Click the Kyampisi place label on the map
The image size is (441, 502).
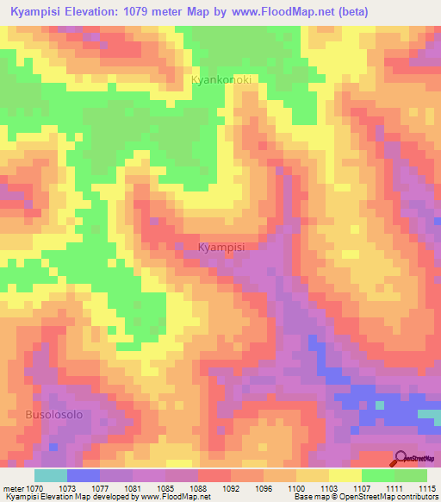click(x=221, y=248)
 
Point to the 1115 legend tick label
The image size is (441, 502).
click(x=426, y=488)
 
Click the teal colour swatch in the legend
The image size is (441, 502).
click(x=51, y=475)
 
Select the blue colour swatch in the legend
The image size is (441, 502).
click(x=84, y=475)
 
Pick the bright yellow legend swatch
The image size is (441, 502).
click(x=345, y=475)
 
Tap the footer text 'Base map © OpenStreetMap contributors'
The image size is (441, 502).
click(x=364, y=497)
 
